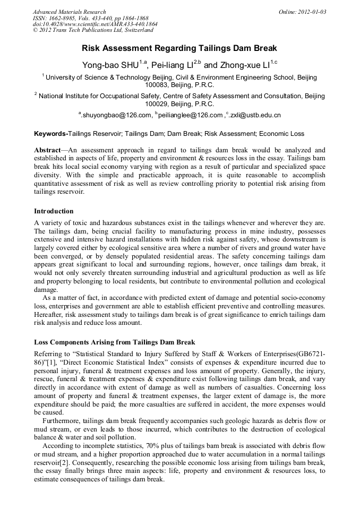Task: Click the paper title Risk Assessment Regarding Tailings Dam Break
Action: click(179, 48)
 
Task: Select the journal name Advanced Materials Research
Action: click(70, 12)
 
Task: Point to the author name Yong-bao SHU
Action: click(109, 66)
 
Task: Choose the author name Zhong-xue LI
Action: click(246, 66)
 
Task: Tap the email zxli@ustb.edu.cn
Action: click(255, 115)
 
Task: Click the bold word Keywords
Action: click(50, 134)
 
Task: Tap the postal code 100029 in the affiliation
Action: click(158, 104)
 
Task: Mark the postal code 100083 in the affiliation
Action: click(158, 85)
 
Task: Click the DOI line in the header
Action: click(95, 24)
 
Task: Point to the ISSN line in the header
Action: click(88, 18)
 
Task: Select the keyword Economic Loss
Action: click(282, 134)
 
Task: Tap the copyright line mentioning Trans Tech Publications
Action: click(93, 30)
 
